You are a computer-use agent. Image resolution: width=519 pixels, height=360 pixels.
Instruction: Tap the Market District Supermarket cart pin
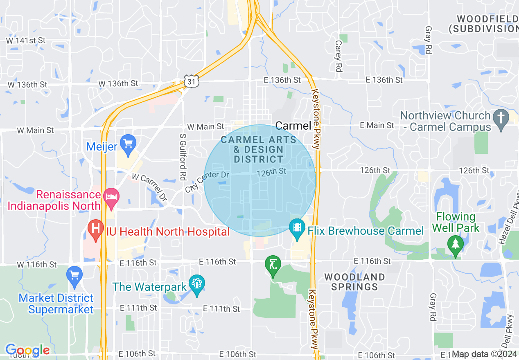(x=74, y=276)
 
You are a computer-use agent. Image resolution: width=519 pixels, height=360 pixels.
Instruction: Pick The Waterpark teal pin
(x=197, y=284)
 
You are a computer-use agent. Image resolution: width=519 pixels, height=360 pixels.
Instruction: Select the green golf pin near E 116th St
(x=273, y=265)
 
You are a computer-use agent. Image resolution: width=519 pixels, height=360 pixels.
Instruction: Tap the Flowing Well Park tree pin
(x=455, y=245)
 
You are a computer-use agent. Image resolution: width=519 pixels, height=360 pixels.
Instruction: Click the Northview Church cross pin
(x=501, y=119)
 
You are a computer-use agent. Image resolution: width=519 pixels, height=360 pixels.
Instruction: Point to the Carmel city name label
(x=293, y=126)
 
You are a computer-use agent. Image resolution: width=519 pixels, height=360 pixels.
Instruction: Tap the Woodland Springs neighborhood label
(x=354, y=282)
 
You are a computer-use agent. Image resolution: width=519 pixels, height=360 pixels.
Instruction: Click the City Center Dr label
(x=207, y=182)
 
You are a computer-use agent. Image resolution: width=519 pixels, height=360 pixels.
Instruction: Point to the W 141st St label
(x=25, y=40)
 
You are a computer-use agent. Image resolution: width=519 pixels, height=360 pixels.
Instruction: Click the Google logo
(x=27, y=350)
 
